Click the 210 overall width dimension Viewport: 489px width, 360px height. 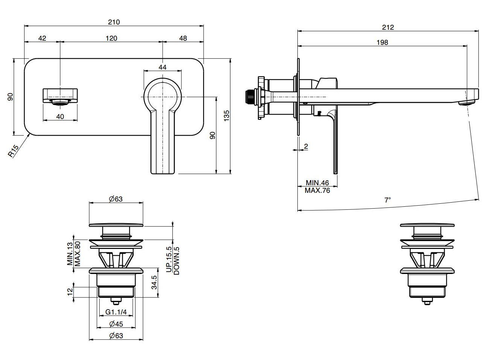(x=114, y=22)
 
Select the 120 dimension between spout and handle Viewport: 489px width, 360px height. (x=111, y=38)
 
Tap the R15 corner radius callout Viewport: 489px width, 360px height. (x=13, y=151)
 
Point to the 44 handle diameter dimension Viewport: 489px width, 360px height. (x=162, y=67)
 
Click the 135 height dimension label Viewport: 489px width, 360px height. (x=226, y=116)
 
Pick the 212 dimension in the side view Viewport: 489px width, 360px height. (x=388, y=27)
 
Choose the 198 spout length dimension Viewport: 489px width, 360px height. (x=382, y=43)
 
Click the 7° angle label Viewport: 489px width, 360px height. (x=388, y=200)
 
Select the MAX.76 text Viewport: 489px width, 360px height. (x=317, y=191)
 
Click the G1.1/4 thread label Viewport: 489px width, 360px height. (x=116, y=312)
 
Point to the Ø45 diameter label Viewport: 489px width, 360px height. (x=116, y=324)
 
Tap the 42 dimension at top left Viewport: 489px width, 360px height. (x=42, y=38)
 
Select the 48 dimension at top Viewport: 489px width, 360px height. (x=183, y=38)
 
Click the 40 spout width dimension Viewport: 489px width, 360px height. (x=60, y=116)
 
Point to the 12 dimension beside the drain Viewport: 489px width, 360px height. (x=69, y=292)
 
